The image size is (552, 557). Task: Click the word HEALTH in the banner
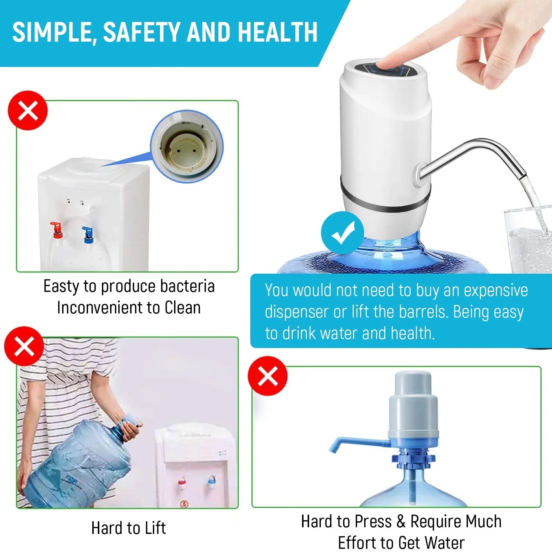(x=277, y=32)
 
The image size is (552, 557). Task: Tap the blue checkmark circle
(x=343, y=233)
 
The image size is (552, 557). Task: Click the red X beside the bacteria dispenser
(x=28, y=110)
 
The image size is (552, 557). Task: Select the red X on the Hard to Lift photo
(x=24, y=346)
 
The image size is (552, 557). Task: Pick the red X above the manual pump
(x=268, y=376)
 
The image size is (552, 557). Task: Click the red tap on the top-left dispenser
(x=57, y=230)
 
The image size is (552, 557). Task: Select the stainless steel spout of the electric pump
(x=480, y=156)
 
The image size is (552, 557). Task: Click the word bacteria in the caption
(x=187, y=286)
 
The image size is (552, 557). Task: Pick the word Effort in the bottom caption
(x=357, y=543)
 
